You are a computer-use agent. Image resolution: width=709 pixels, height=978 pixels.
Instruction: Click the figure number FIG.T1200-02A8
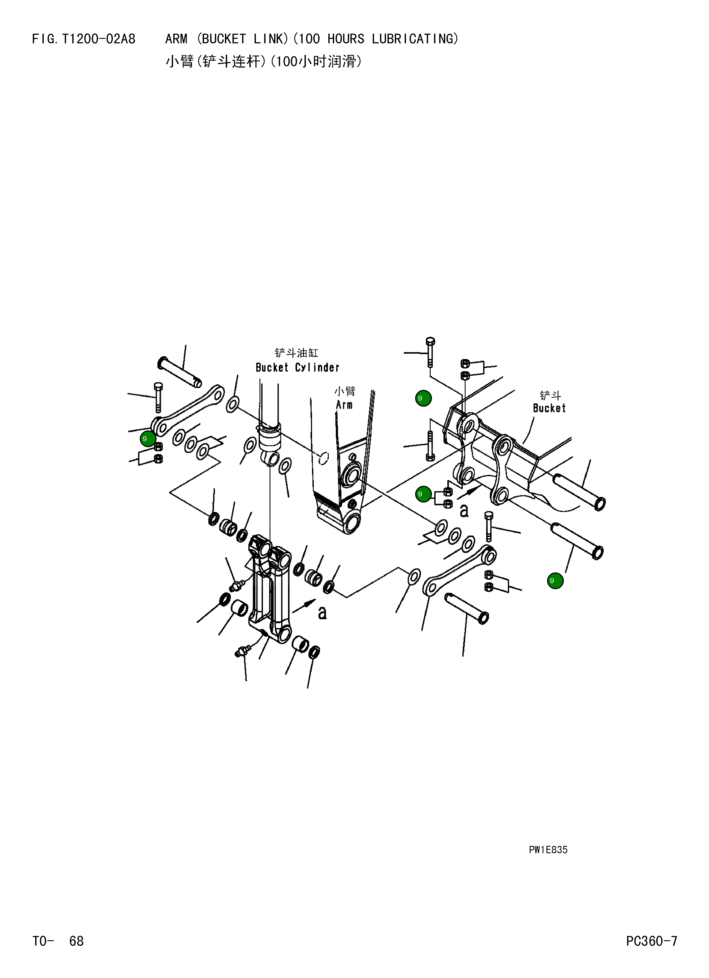point(84,39)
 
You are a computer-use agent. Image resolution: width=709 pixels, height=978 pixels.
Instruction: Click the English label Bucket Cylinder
point(298,368)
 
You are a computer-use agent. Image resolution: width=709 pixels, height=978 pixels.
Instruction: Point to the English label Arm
point(344,405)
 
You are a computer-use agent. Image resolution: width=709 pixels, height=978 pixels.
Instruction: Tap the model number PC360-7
point(652,941)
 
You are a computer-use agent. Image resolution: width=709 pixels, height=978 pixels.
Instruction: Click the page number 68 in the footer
point(76,941)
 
